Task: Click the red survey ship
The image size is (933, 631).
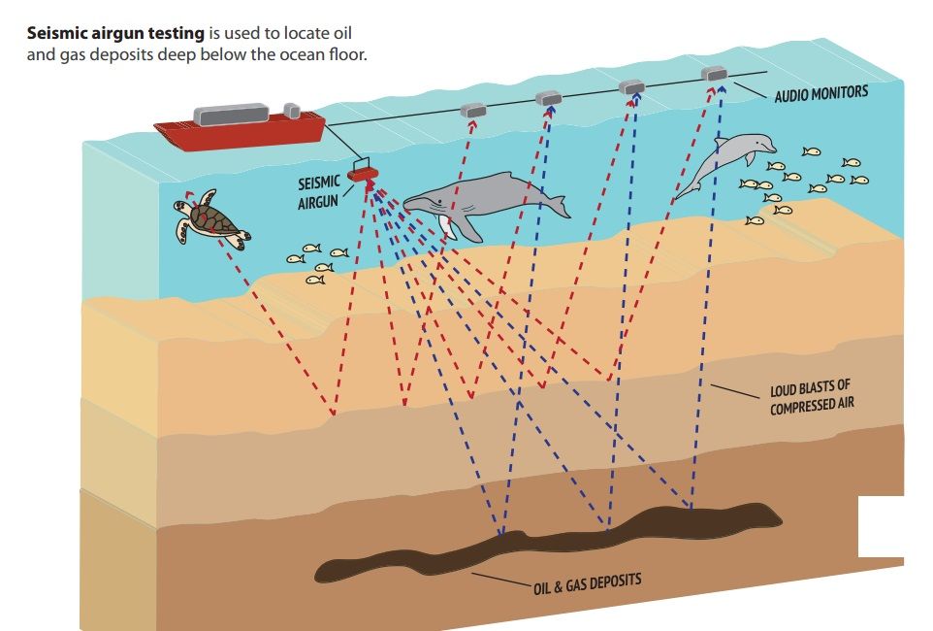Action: click(x=238, y=129)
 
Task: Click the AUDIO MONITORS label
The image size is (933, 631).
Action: click(x=820, y=94)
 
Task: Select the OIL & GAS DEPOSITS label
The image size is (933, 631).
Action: click(x=587, y=583)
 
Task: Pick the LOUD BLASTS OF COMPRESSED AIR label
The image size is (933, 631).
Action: click(x=813, y=397)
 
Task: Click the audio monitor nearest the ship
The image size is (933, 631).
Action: click(x=473, y=110)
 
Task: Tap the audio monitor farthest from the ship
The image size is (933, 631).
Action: click(x=714, y=73)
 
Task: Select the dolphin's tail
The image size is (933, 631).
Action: click(x=683, y=189)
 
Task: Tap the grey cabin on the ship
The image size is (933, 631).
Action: click(x=233, y=114)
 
